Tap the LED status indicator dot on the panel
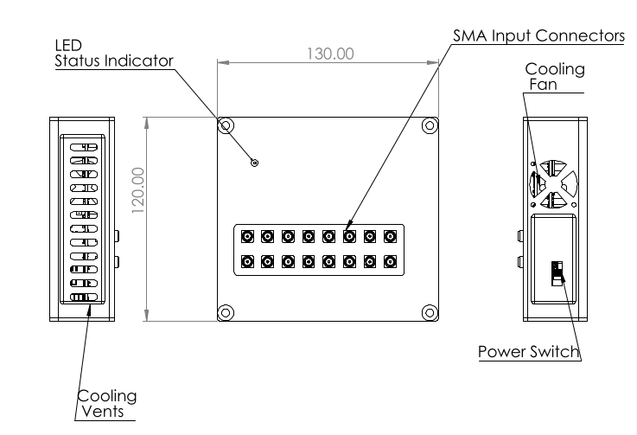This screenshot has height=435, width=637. tap(254, 163)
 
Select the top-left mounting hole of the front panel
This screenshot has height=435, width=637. tap(226, 125)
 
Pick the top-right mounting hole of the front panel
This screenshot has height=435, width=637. tap(429, 125)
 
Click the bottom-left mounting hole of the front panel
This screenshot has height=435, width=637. tap(226, 311)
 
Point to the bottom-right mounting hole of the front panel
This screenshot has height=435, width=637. tap(429, 311)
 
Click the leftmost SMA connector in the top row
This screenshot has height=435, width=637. tap(247, 236)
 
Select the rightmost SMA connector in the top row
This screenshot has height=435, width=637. tap(390, 236)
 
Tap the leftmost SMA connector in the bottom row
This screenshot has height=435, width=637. tap(247, 260)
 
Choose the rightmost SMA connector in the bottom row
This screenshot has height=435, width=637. tap(390, 260)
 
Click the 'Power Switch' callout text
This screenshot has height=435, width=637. tap(528, 352)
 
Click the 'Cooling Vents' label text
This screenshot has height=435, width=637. tap(107, 404)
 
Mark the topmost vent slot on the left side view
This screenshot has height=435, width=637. tap(85, 147)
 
